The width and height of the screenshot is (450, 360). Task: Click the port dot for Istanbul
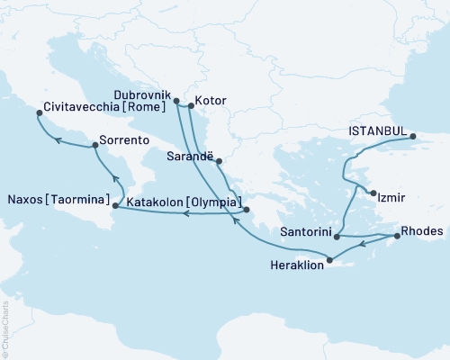[413, 137]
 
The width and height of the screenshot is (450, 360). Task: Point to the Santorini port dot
[337, 236]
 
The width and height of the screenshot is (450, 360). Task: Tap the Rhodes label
[422, 231]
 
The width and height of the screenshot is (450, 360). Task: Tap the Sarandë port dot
[219, 162]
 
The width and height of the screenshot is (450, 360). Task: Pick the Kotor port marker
[190, 106]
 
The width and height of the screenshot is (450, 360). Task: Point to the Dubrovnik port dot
[176, 101]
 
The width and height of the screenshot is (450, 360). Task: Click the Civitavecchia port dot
[37, 114]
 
